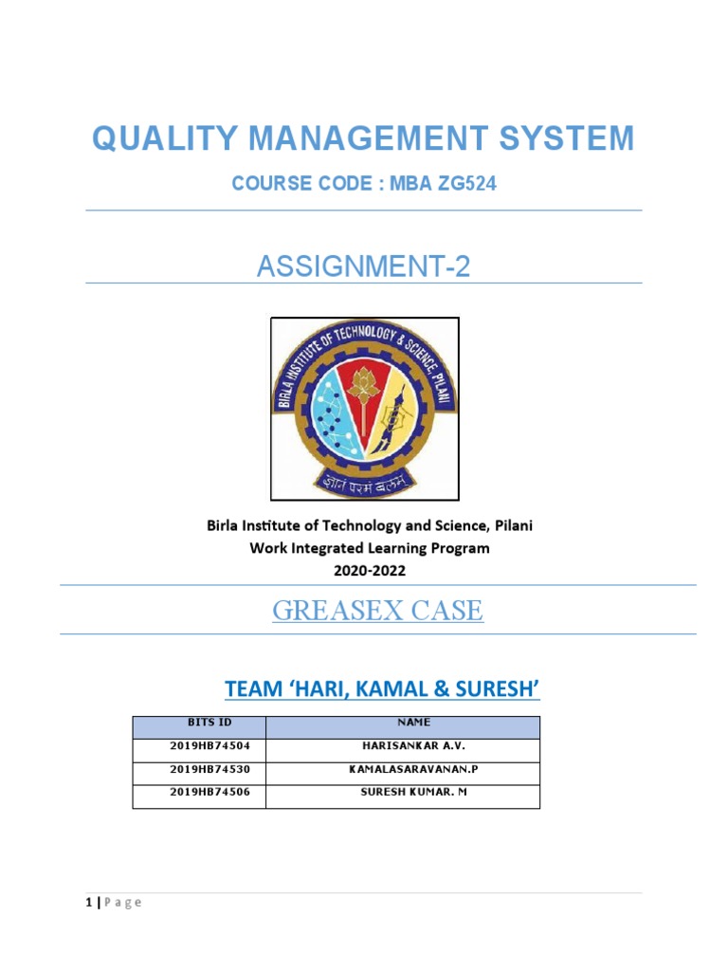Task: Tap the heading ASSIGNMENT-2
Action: [x=363, y=267]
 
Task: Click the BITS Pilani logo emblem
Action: [x=364, y=409]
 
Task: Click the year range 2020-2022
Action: [x=369, y=571]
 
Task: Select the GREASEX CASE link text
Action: [x=377, y=611]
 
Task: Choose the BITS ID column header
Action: [x=199, y=723]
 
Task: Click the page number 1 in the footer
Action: [x=87, y=902]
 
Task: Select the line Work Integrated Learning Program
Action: [x=369, y=548]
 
